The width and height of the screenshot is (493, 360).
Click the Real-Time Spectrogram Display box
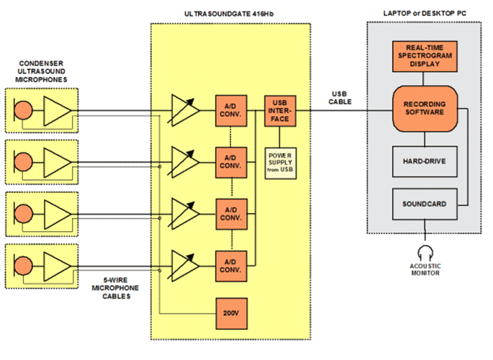point(425,55)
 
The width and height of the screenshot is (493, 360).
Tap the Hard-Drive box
point(425,161)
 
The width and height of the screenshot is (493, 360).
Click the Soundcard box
point(425,204)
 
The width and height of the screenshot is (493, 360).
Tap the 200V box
point(232,314)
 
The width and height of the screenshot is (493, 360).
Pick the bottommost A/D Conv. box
point(232,265)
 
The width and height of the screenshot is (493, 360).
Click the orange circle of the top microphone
point(24,110)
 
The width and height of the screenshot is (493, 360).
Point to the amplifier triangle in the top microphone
point(58,111)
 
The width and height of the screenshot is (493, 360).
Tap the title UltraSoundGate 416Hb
point(230,14)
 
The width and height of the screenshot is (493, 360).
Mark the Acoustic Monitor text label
point(426,270)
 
